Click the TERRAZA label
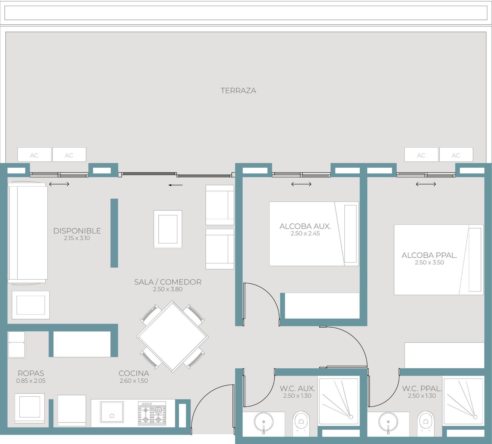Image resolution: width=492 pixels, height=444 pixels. (238, 91)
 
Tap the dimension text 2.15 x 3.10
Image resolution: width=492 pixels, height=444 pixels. (77, 238)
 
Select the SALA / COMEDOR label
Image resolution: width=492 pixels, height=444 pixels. (168, 282)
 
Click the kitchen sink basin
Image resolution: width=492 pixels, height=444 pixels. (112, 412)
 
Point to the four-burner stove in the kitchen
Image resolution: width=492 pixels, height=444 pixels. (152, 413)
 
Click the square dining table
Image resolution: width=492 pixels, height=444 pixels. (172, 337)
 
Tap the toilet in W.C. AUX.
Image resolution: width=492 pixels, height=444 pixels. (301, 423)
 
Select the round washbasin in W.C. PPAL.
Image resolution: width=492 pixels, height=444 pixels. (388, 422)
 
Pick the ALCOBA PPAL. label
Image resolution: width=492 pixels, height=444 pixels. (429, 255)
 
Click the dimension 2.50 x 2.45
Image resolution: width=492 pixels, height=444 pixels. (305, 234)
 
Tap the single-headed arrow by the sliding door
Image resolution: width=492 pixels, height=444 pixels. (176, 185)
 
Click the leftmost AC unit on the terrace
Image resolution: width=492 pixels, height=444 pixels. (34, 155)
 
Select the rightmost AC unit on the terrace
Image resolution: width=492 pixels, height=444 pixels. (456, 155)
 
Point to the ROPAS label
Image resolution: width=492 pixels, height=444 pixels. (31, 373)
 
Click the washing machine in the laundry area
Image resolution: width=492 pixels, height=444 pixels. (30, 408)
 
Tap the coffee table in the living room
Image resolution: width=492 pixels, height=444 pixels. (168, 229)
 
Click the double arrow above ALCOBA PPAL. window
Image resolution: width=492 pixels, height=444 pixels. (426, 184)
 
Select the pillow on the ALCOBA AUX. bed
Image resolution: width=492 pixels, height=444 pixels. (350, 234)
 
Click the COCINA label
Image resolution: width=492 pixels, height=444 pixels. (134, 373)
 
